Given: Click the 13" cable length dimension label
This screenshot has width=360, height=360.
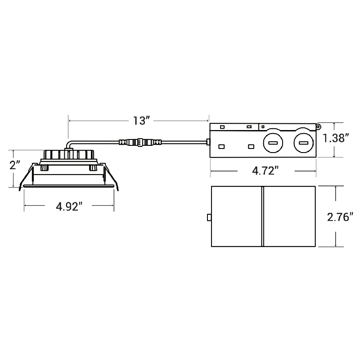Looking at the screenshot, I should click(141, 121).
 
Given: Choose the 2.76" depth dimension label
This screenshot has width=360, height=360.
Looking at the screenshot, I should click(338, 217).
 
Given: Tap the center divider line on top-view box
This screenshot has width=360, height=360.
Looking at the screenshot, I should click(262, 217).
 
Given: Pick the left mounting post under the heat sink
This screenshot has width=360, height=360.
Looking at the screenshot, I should click(45, 168).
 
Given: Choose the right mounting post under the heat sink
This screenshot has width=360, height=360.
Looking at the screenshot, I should click(93, 168).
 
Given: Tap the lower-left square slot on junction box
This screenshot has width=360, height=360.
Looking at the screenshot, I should click(221, 147).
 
